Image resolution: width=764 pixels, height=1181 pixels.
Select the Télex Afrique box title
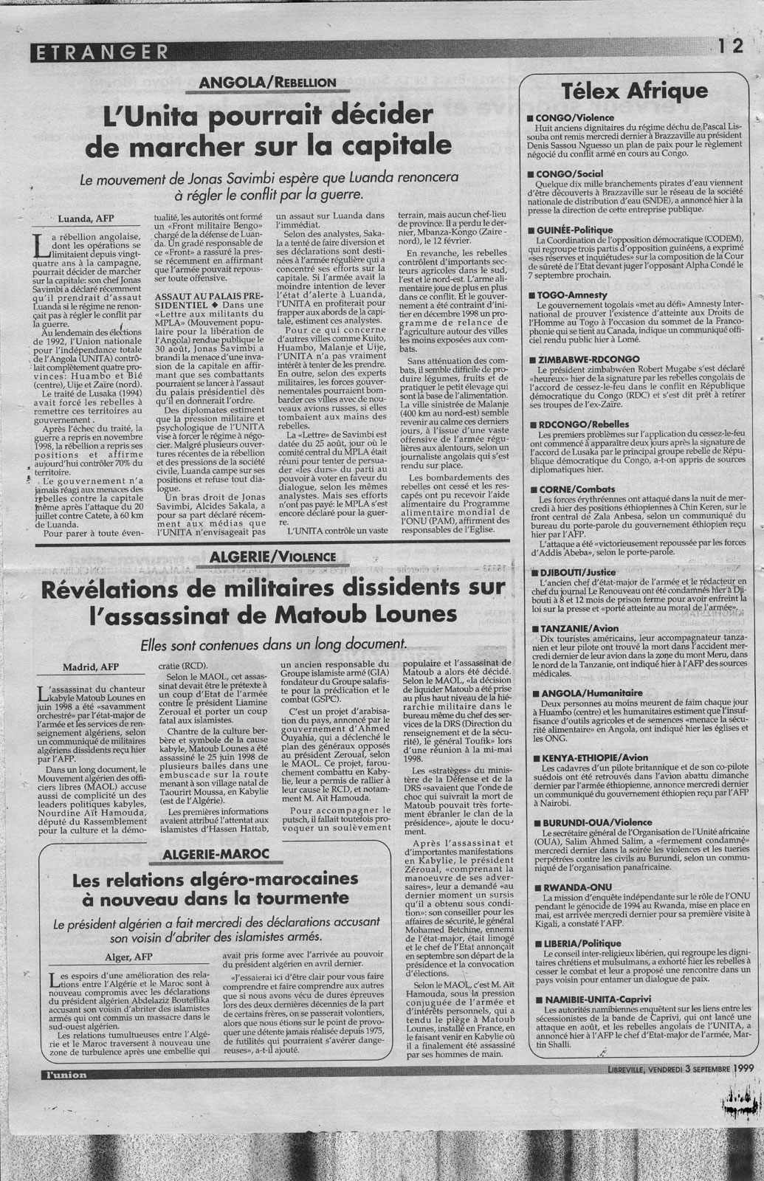pyautogui.click(x=635, y=92)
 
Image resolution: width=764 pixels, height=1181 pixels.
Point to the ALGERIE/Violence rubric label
pyautogui.click(x=273, y=557)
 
